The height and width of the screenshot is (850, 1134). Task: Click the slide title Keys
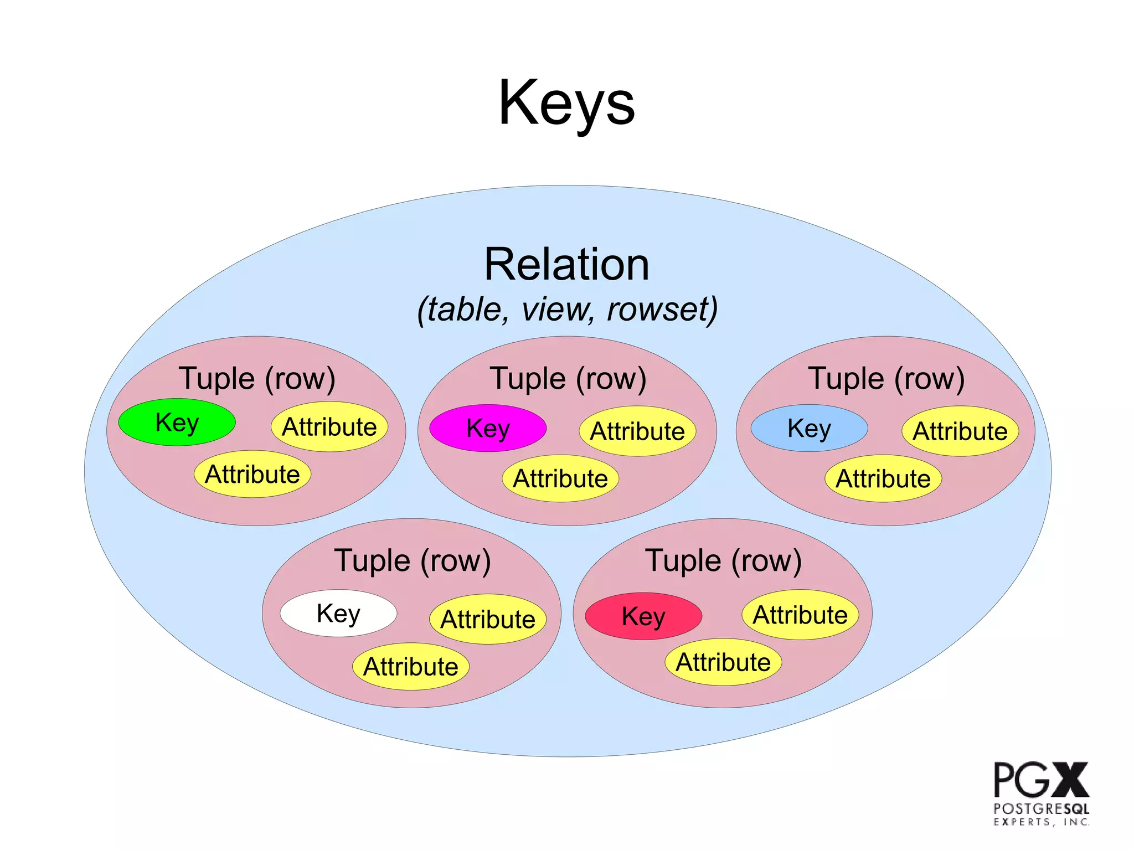(x=566, y=104)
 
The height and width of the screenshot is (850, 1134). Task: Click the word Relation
(x=566, y=265)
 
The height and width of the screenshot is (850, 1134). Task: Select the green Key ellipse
(x=177, y=423)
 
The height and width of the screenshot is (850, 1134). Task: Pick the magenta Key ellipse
(x=488, y=428)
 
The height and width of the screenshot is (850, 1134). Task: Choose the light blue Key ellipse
(x=809, y=428)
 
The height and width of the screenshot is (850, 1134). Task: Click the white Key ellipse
(x=338, y=614)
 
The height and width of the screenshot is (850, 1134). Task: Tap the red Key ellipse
(x=643, y=616)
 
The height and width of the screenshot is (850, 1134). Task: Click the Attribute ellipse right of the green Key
(x=329, y=427)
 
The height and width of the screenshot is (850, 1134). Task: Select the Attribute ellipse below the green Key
(x=252, y=475)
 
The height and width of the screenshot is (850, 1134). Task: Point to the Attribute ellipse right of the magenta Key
(x=637, y=431)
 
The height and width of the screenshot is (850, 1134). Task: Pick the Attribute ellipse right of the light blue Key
(x=960, y=431)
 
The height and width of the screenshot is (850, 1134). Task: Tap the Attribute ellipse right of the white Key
(x=488, y=619)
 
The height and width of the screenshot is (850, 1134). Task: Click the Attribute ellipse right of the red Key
(x=800, y=615)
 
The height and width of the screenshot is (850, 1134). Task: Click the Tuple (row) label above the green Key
(x=257, y=379)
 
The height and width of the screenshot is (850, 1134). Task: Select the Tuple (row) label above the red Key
(x=723, y=560)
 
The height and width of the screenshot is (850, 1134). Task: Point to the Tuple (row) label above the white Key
(x=413, y=560)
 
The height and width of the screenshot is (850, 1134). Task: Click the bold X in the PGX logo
(x=1066, y=780)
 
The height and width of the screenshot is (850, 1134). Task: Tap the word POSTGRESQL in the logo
(x=1041, y=808)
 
